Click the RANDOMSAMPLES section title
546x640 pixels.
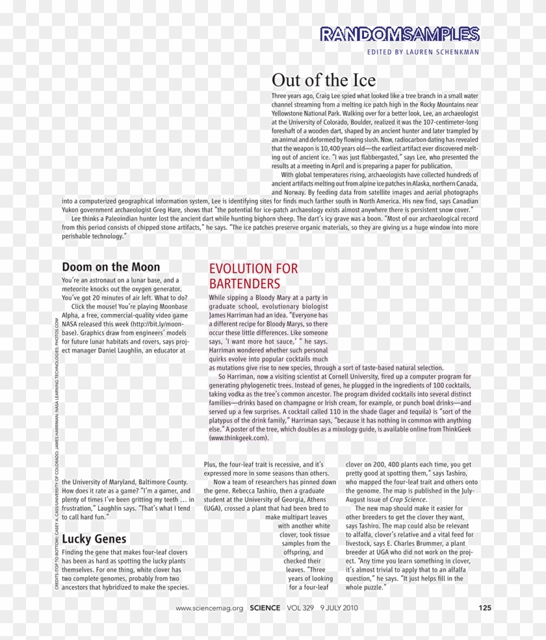coord(400,34)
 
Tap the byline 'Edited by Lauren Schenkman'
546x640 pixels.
coord(422,51)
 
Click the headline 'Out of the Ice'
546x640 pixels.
coord(323,80)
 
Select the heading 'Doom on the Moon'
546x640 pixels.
coord(110,267)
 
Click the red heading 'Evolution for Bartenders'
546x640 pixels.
coord(253,276)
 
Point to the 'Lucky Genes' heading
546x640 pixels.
coord(94,539)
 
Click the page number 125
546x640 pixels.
coord(484,608)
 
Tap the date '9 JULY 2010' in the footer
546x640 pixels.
coord(339,608)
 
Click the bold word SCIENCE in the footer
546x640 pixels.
coord(265,608)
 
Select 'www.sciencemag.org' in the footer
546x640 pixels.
coord(209,608)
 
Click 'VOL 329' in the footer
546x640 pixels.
coord(299,608)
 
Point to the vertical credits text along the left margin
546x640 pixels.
coord(57,454)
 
